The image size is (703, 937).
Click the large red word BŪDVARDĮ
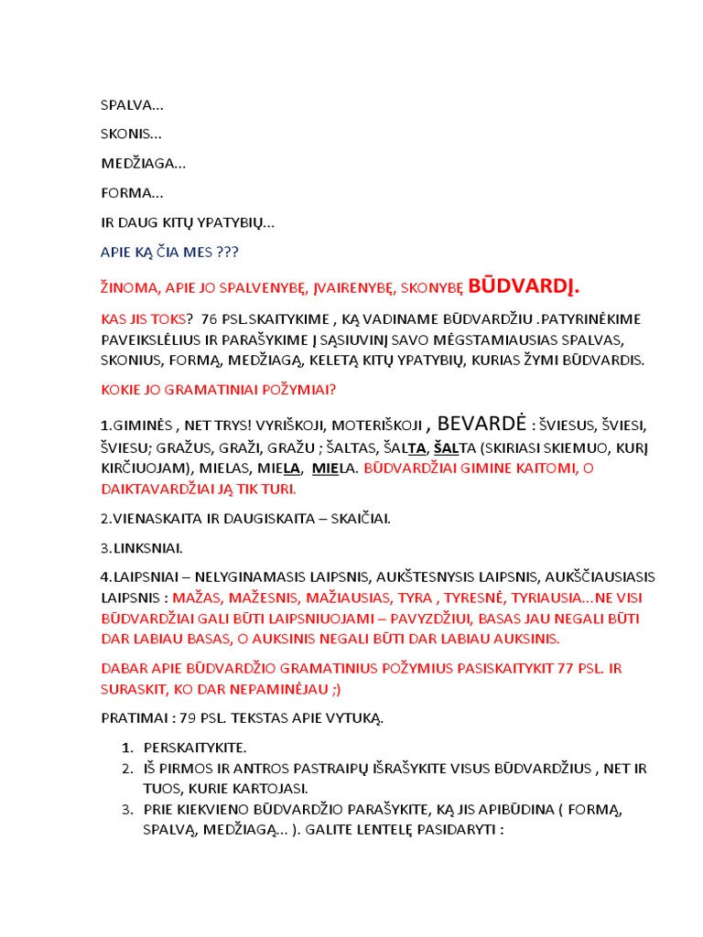coord(524,286)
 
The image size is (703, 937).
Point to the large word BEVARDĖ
coord(481,423)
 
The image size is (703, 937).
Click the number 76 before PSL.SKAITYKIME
coord(209,318)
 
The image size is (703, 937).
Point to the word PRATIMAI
coord(132,717)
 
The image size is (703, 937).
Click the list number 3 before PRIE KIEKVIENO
coord(126,810)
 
